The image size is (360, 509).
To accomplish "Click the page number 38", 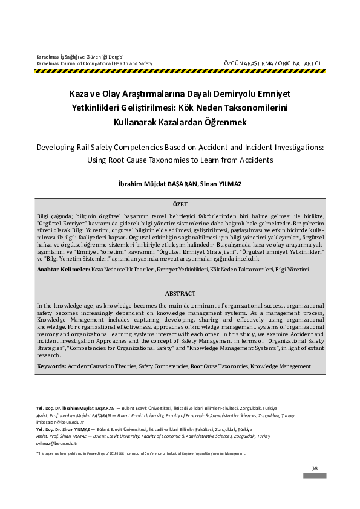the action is click(x=314, y=468).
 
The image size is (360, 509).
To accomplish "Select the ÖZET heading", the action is click(x=180, y=205).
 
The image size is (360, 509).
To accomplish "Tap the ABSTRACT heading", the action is click(x=180, y=293).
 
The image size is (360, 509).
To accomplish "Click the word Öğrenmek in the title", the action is click(x=223, y=121).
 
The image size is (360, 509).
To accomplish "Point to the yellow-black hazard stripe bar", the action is click(x=180, y=71).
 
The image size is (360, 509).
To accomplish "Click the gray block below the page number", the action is click(x=315, y=476).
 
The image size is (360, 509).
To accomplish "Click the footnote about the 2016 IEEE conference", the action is click(x=140, y=453).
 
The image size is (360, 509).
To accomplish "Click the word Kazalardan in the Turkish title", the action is click(x=182, y=121).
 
